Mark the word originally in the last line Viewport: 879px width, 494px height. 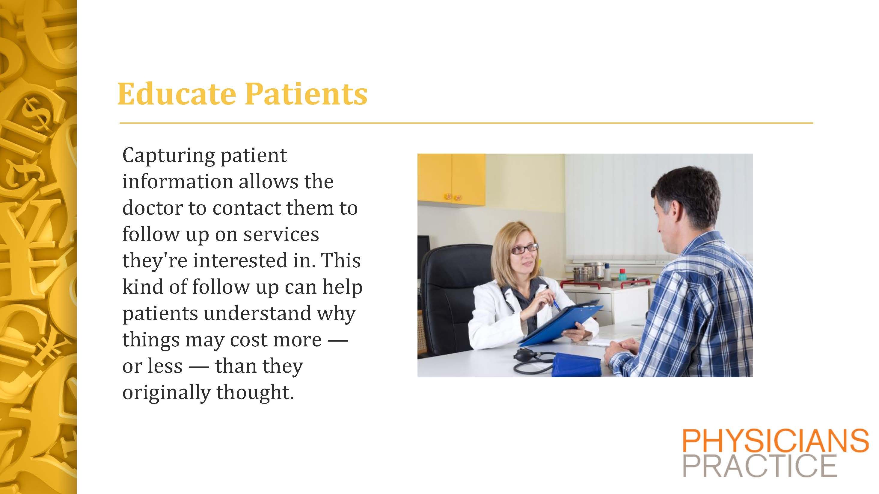[166, 393]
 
